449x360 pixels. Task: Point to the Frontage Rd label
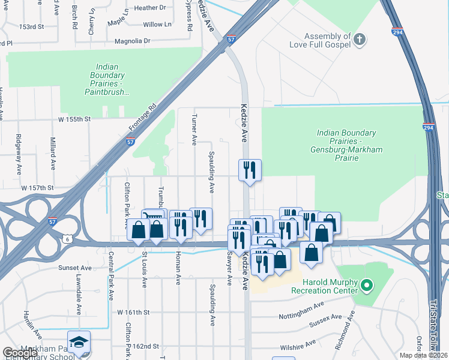142,118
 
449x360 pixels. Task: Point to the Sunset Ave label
74,268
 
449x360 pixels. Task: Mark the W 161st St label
137,313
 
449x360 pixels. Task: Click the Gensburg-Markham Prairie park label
346,145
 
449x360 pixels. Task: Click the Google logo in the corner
20,353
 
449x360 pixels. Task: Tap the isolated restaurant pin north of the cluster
250,170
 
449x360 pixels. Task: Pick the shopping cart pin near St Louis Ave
152,218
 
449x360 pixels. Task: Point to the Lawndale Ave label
78,295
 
